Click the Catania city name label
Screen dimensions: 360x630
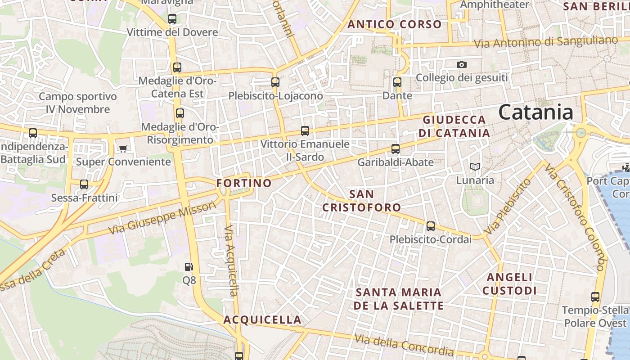[x=535, y=112]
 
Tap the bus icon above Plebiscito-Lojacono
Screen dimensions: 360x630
[x=275, y=82]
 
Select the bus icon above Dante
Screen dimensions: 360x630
[x=397, y=82]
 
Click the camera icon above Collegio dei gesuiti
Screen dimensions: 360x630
[x=461, y=65]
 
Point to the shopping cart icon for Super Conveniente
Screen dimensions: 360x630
[x=123, y=148]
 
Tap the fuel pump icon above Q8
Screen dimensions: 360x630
[x=189, y=267]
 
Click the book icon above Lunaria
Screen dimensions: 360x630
[x=475, y=167]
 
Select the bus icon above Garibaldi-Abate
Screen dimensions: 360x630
[x=396, y=149]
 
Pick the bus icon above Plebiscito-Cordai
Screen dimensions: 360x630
[x=431, y=226]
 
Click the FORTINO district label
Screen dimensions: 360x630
[x=244, y=183]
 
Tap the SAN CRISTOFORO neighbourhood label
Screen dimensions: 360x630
[x=362, y=201]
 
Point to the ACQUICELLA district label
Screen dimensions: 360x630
[x=262, y=320]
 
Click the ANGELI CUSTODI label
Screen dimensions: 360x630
[x=509, y=284]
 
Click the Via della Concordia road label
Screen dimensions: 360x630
[x=404, y=344]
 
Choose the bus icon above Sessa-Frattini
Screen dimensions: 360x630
[x=84, y=184]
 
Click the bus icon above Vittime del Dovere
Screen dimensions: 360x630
[x=172, y=19]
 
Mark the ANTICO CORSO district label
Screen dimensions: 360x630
[x=395, y=24]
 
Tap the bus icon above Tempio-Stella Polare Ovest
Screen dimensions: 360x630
[x=595, y=297]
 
